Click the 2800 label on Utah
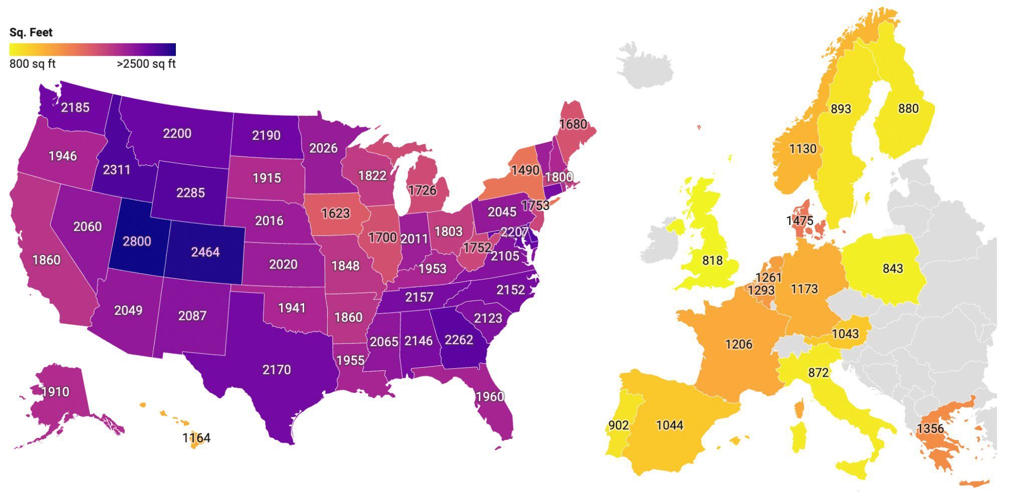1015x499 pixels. [137, 241]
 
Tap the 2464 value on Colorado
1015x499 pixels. [205, 252]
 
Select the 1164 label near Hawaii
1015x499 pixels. [196, 438]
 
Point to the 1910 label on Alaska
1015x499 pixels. [56, 392]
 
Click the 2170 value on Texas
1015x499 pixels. [277, 370]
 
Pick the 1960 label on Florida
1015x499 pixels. [490, 397]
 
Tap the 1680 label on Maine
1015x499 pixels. [573, 124]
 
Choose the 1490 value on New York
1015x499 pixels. [525, 170]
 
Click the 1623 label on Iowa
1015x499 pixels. [336, 213]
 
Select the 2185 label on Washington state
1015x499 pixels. [75, 107]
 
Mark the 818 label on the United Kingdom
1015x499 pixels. [712, 261]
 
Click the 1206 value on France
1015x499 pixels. [739, 344]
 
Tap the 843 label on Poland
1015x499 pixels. [893, 269]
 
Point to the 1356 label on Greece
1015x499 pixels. [930, 428]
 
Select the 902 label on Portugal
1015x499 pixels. [619, 425]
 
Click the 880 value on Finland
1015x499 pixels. [908, 109]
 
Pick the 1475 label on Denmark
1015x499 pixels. [800, 220]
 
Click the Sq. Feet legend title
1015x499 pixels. [31, 33]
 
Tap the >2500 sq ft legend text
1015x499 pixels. [146, 64]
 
